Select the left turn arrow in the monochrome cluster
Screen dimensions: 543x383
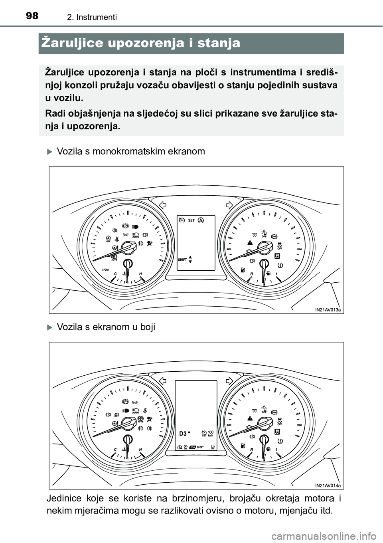tap(162, 205)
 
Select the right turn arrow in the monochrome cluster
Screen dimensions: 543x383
tap(229, 205)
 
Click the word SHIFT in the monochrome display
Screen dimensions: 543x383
tap(182, 260)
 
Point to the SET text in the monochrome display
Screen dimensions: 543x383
tap(191, 220)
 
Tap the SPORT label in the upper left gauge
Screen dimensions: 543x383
tap(105, 270)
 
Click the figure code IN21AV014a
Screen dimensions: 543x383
tap(328, 485)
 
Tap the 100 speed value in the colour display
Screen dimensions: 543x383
tap(211, 432)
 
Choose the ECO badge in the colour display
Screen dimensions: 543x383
tap(193, 447)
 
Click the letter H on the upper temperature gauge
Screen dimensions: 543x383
tap(140, 273)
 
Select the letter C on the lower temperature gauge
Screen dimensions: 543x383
tap(115, 450)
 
